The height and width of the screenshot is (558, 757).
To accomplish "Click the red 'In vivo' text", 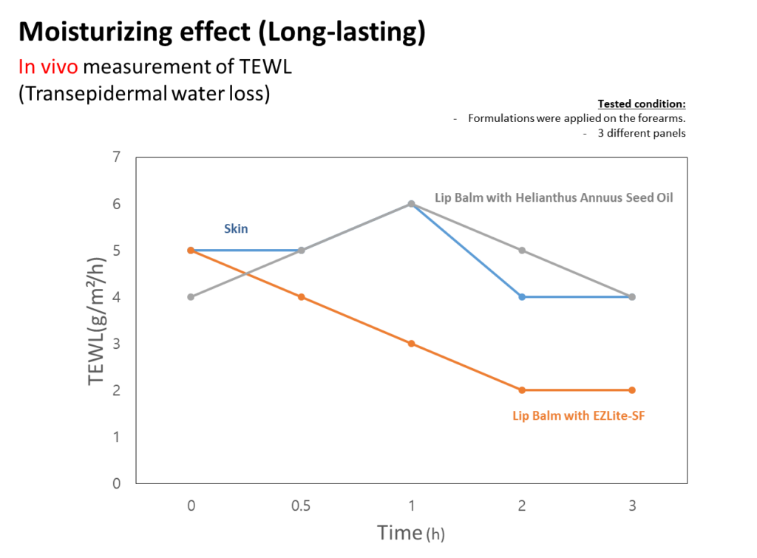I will pyautogui.click(x=49, y=67).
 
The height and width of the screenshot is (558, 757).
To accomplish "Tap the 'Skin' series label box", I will pyautogui.click(x=237, y=229).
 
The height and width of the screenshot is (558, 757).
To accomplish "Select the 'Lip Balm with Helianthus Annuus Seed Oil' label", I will pyautogui.click(x=554, y=198).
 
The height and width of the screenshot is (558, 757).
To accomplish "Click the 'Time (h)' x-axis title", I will pyautogui.click(x=411, y=533).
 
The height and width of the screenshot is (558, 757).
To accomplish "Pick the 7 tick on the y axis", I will pyautogui.click(x=116, y=157).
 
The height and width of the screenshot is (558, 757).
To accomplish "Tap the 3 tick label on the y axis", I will pyautogui.click(x=116, y=344).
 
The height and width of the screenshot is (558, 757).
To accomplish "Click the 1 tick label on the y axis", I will pyautogui.click(x=116, y=437).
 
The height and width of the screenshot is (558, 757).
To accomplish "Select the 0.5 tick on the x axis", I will pyautogui.click(x=300, y=506).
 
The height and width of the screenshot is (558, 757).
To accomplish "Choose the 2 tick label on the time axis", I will pyautogui.click(x=522, y=506).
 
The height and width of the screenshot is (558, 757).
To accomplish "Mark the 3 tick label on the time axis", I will pyautogui.click(x=631, y=506).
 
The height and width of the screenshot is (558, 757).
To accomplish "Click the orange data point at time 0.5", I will pyautogui.click(x=300, y=297).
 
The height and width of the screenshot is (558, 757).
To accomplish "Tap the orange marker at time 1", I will pyautogui.click(x=411, y=344).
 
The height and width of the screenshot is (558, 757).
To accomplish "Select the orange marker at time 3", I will pyautogui.click(x=631, y=389).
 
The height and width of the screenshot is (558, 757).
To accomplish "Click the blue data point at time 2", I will pyautogui.click(x=522, y=297).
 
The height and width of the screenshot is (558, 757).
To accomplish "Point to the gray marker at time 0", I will pyautogui.click(x=191, y=297).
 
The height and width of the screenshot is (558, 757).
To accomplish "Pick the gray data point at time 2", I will pyautogui.click(x=522, y=251).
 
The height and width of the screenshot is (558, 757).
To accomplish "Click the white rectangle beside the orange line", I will pyautogui.click(x=484, y=395).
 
